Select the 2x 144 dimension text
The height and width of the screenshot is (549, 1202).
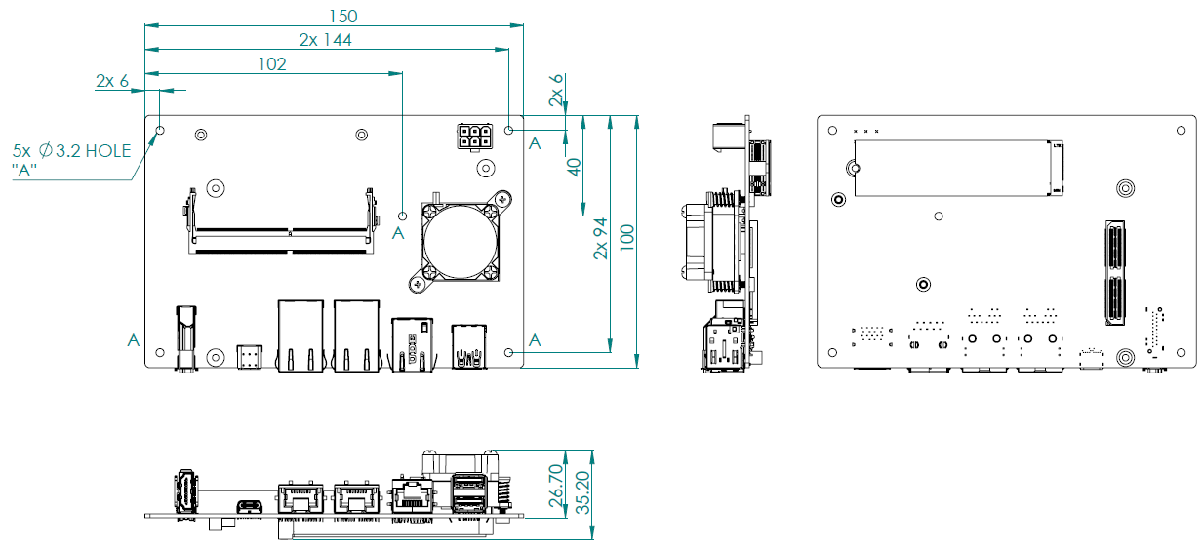click(x=325, y=40)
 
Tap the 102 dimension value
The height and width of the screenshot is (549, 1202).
click(x=272, y=64)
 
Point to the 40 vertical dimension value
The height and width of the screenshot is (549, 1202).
click(x=575, y=166)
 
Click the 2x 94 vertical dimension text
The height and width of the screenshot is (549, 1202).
click(x=601, y=239)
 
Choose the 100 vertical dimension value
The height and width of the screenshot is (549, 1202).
click(x=627, y=240)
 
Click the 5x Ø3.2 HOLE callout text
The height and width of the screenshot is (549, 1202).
click(x=71, y=151)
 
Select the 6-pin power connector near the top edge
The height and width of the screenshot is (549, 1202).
click(x=473, y=136)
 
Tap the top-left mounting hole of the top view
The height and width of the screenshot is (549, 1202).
click(x=161, y=130)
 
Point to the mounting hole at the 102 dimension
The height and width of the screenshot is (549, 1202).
click(x=403, y=215)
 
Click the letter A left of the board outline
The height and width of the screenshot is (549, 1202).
click(x=133, y=339)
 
